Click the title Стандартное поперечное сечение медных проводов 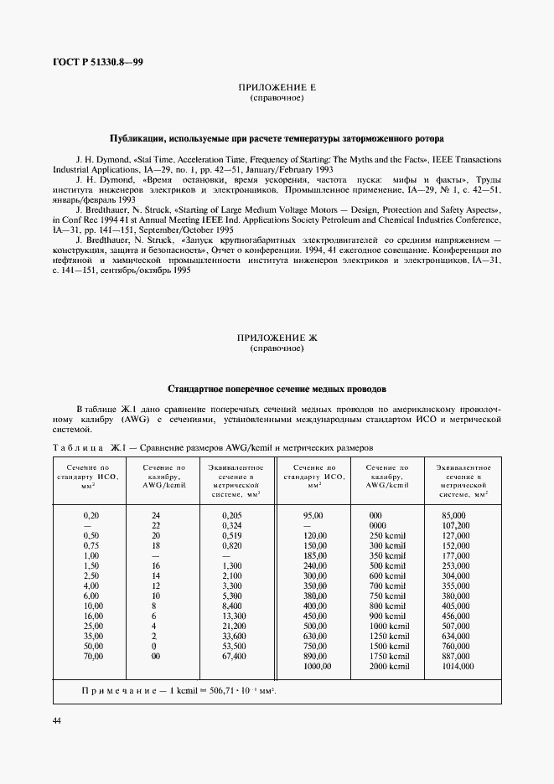click(x=277, y=389)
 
